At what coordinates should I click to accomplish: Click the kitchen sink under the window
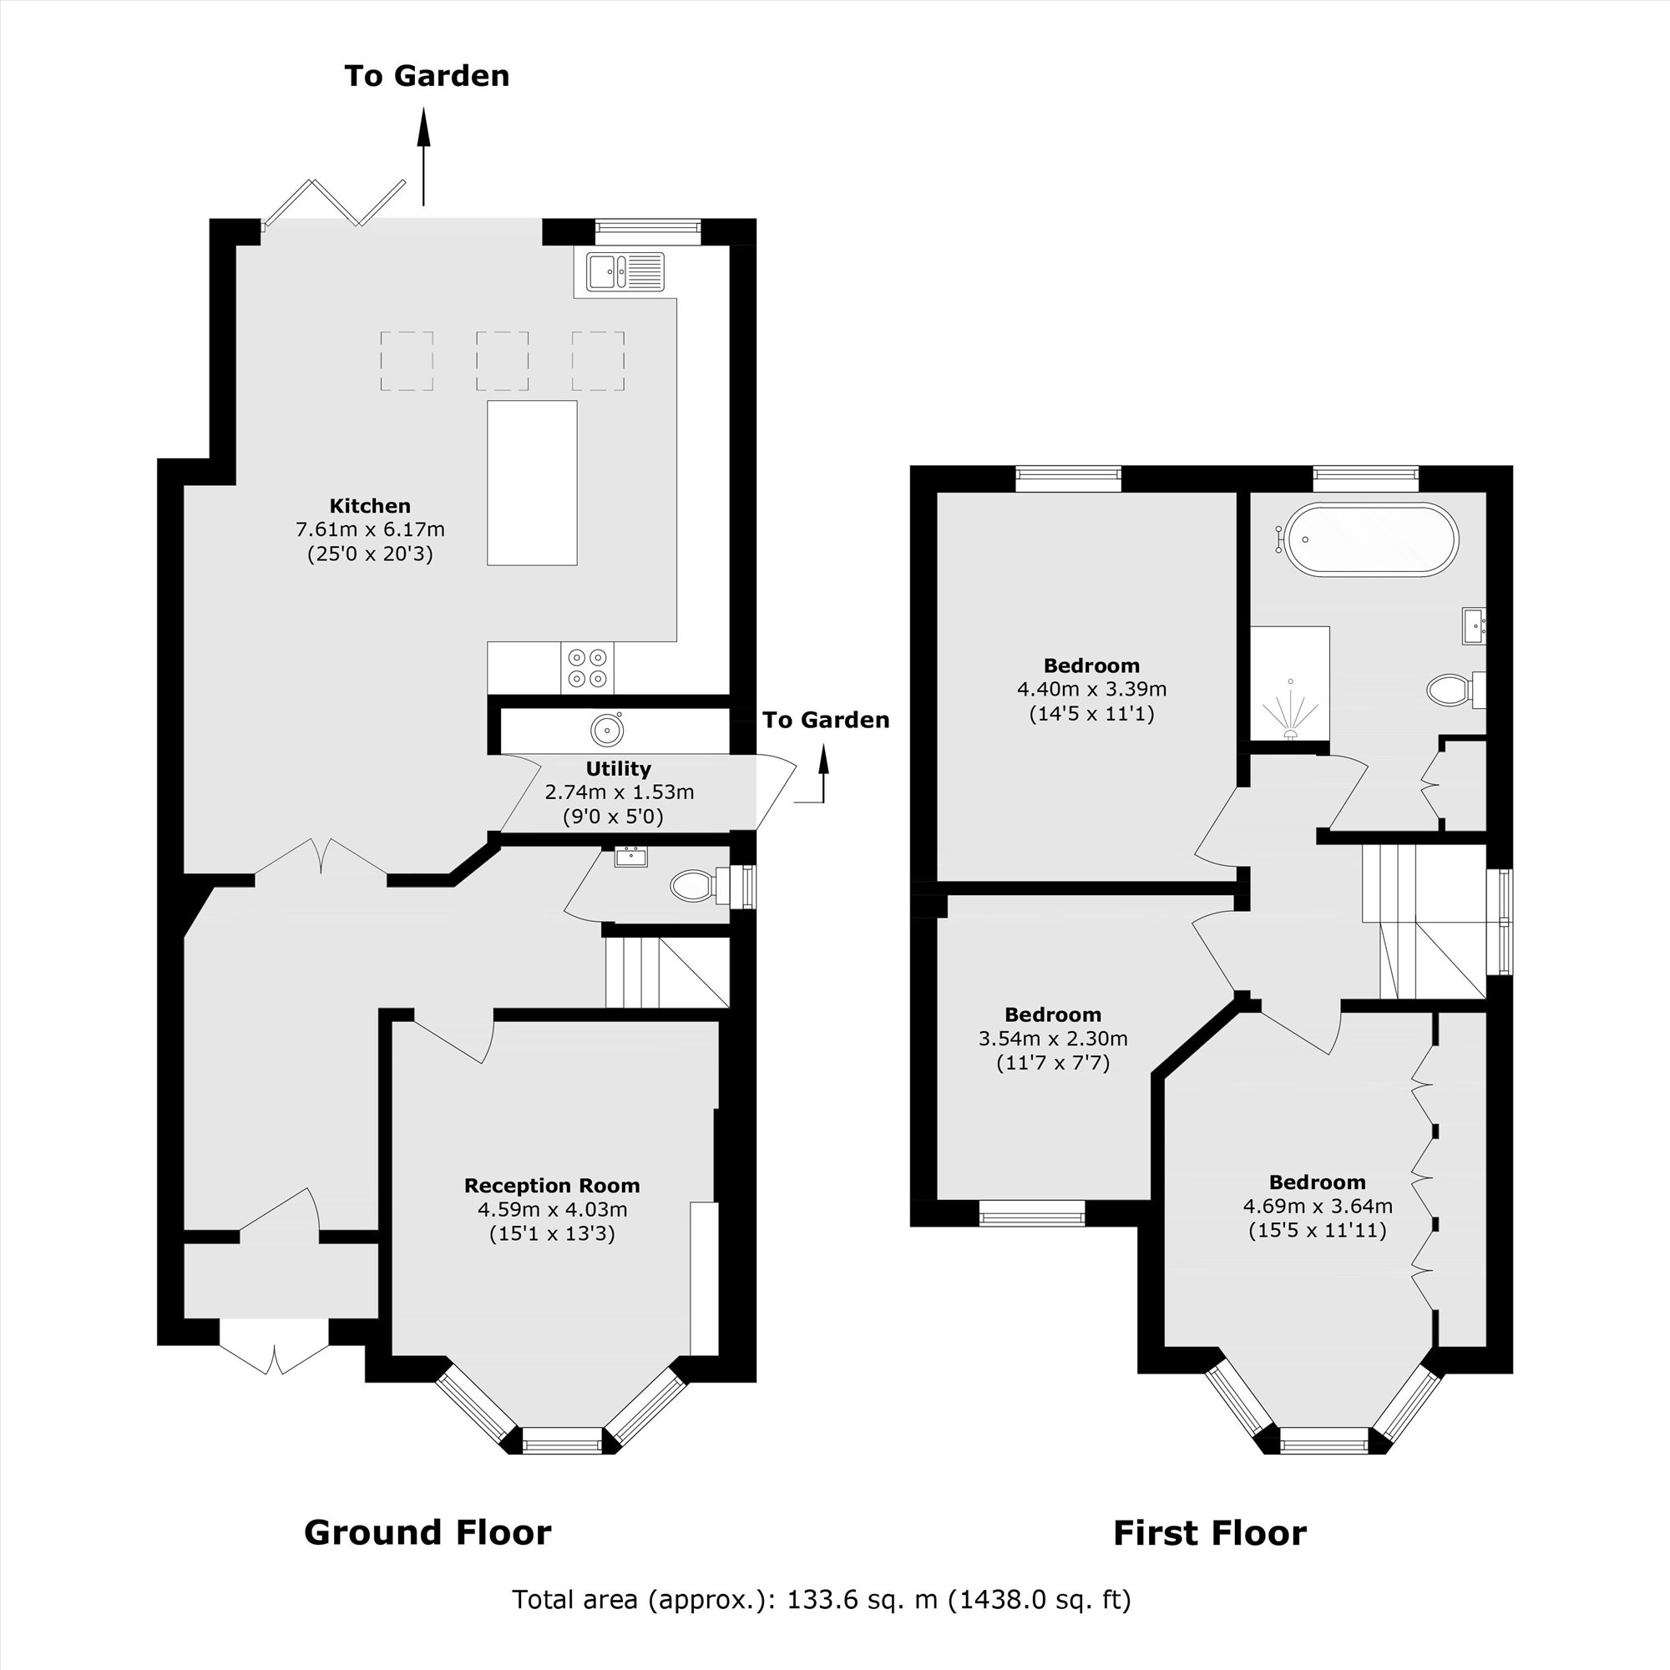(x=625, y=271)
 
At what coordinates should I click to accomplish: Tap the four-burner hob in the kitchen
(x=587, y=668)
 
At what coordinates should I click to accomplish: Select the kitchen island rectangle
(x=532, y=483)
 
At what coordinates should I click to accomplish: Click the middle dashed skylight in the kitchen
(x=501, y=362)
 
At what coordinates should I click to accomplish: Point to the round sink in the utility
(x=607, y=730)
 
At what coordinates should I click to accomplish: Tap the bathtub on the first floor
(x=1372, y=539)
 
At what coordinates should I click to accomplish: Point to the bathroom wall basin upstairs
(x=1474, y=625)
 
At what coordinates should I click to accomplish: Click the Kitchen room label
(x=370, y=506)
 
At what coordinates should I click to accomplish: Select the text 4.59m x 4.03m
(x=552, y=1209)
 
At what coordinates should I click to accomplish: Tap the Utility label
(x=618, y=768)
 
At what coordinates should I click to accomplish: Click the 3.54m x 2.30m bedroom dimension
(x=1053, y=1038)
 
